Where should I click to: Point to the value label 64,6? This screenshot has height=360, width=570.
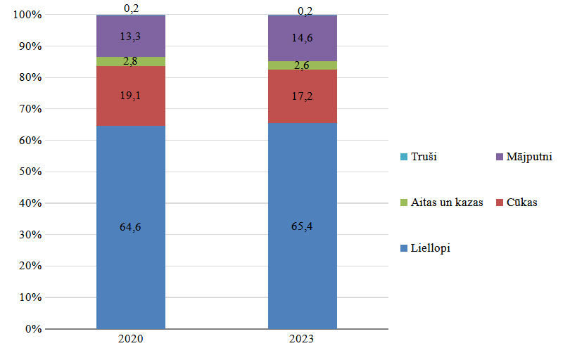click(131, 226)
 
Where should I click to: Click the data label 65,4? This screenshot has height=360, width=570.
click(303, 226)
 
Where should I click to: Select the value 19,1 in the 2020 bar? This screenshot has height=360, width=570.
click(131, 96)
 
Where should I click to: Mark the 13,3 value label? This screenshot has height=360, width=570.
click(131, 37)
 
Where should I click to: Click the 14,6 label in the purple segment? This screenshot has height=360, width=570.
click(303, 39)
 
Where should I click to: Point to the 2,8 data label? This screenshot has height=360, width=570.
click(131, 61)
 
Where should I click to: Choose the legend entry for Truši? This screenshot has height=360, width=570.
click(420, 157)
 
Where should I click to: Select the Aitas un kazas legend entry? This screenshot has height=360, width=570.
click(443, 202)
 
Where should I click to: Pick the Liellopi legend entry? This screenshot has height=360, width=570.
click(429, 248)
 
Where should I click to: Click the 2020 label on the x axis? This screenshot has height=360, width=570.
click(131, 339)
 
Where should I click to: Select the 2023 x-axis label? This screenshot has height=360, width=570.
click(303, 339)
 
